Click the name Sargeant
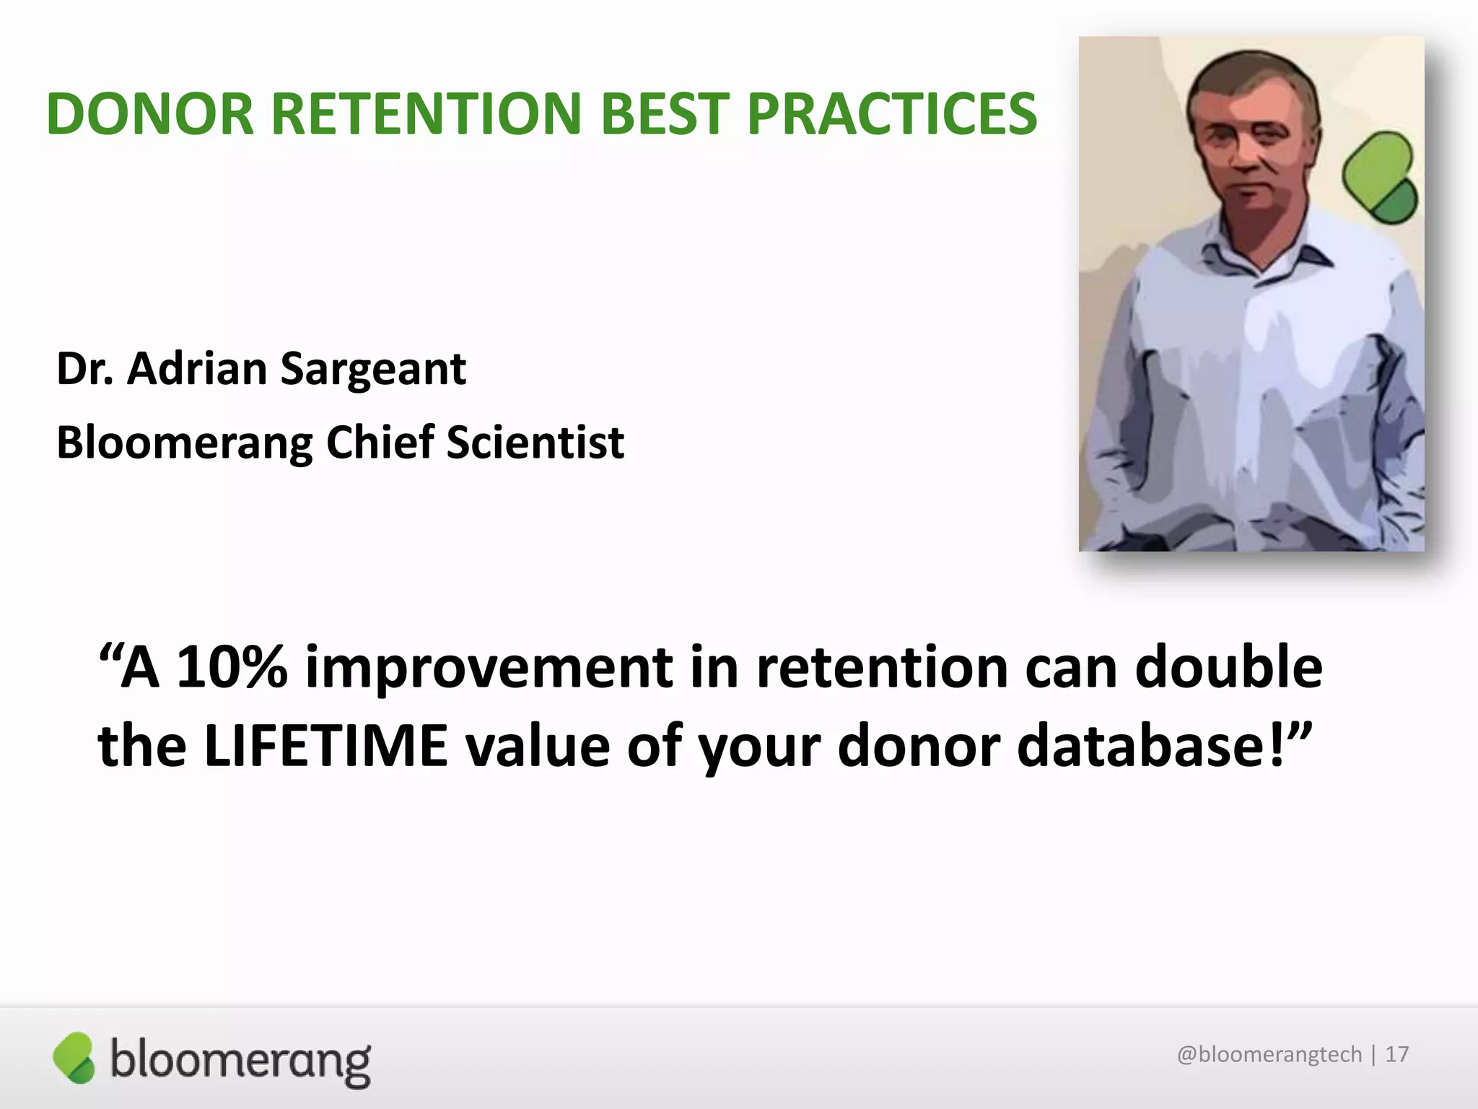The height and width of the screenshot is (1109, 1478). (x=373, y=370)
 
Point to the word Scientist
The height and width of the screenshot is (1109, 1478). (x=535, y=442)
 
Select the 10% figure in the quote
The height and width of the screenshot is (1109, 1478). (x=232, y=667)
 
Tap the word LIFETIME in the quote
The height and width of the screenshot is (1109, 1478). (x=325, y=746)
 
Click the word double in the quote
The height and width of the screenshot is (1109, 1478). (x=1228, y=667)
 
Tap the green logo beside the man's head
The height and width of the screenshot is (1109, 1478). (x=1379, y=178)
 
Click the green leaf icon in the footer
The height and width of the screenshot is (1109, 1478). (x=74, y=1057)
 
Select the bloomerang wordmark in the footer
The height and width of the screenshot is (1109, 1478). (x=240, y=1060)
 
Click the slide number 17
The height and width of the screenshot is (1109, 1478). (x=1396, y=1055)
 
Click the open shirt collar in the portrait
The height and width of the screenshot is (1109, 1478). (x=1259, y=260)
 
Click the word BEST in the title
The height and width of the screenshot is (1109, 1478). (x=664, y=114)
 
